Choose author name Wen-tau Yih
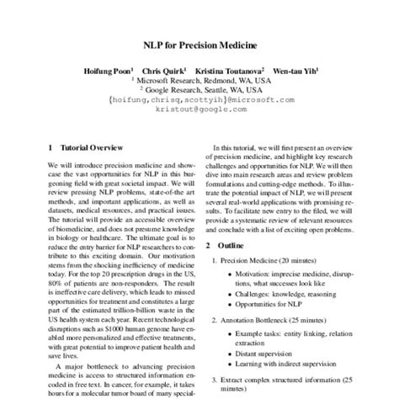click(x=293, y=71)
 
